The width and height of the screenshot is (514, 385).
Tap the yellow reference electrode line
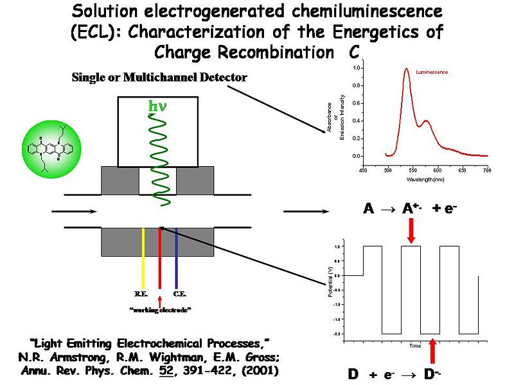coord(143,257)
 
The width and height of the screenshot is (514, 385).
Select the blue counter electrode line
coord(176,257)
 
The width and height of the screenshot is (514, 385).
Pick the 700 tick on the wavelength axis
coord(486,170)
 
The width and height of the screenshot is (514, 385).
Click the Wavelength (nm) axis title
coord(425,179)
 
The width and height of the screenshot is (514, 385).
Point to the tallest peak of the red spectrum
coord(407,69)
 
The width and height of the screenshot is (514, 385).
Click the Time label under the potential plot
coord(416,346)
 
